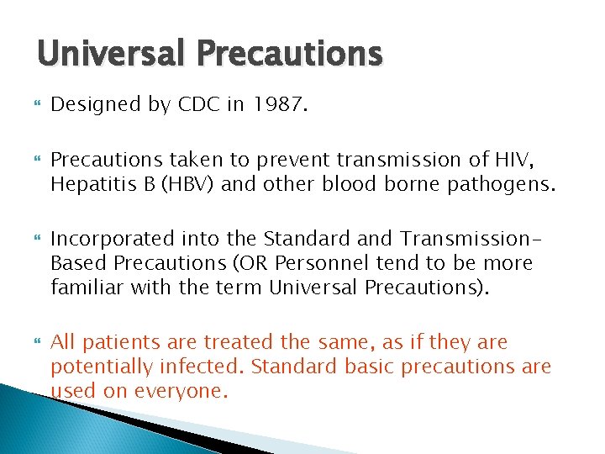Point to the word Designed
92,104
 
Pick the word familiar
83,288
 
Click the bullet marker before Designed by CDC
37,104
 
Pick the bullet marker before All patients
37,343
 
